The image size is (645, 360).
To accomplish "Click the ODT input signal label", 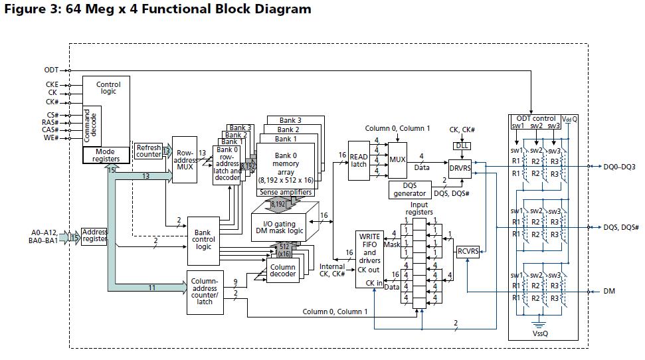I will pos(51,70).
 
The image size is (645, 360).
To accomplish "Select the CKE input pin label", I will pos(51,85).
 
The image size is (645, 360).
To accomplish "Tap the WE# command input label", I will pos(50,137).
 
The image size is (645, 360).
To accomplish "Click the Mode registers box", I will pos(106,155).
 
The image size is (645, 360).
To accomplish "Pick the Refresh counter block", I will pos(149,151).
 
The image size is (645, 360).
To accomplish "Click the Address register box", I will pos(94,236).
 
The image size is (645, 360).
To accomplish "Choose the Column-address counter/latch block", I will pos(205,291).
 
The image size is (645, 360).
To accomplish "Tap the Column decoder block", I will pos(282,272).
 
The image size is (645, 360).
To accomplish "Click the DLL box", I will pos(462,145).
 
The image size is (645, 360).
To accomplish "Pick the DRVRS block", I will pos(460,168).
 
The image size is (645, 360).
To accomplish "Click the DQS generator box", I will pos(410,189).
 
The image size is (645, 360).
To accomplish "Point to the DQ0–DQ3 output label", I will pos(620,167).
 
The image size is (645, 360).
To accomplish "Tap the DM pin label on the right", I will pos(610,291).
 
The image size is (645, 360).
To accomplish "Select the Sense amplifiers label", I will pos(286,193).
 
